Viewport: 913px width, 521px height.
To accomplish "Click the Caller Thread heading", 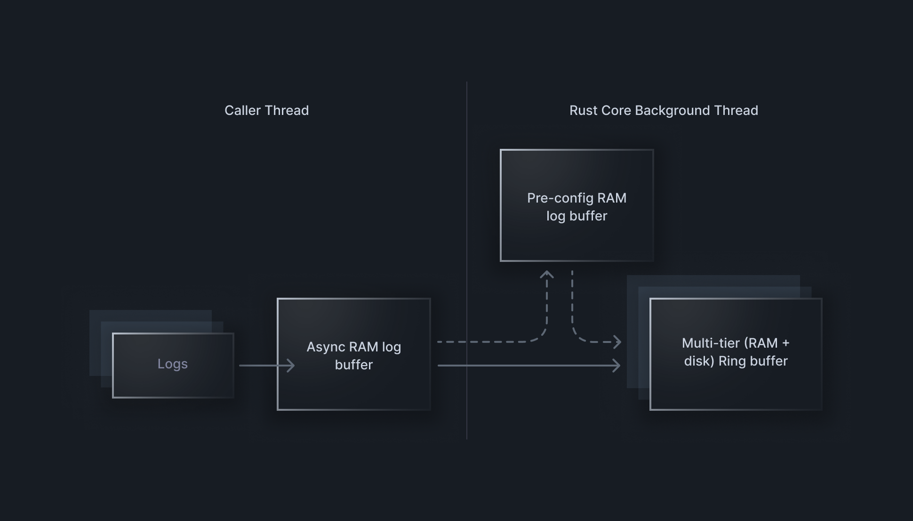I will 266,110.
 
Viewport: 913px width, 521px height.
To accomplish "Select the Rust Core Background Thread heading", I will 664,110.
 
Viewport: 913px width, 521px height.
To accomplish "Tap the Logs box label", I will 173,364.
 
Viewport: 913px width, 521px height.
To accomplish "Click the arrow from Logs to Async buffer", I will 266,365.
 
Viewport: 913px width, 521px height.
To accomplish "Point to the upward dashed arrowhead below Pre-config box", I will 546,274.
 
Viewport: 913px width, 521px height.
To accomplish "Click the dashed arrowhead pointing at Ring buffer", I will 617,342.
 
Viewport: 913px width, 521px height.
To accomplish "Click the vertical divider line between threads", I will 467,188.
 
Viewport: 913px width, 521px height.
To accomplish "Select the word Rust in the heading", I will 583,110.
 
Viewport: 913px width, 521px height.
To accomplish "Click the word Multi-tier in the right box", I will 711,343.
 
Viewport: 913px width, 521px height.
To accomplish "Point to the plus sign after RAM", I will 785,343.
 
